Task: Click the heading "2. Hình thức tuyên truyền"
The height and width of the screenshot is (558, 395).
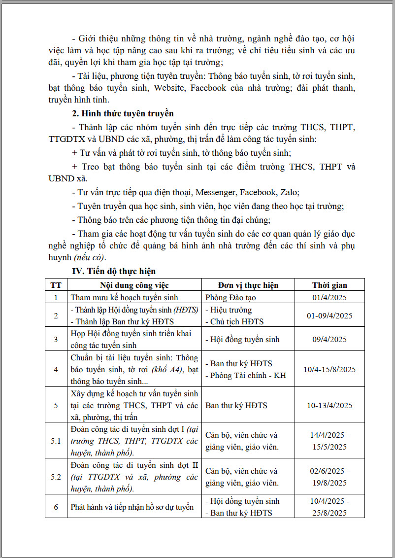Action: tap(123, 114)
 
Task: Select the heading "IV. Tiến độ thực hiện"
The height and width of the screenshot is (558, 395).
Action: tap(114, 271)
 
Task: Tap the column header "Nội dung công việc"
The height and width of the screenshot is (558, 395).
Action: tap(134, 285)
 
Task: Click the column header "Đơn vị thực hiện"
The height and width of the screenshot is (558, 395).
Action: tap(248, 285)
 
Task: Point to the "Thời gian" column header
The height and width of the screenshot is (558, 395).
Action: tap(329, 285)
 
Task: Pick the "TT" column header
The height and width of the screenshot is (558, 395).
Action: tap(56, 285)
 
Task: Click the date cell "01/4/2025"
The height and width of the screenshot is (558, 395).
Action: tap(329, 297)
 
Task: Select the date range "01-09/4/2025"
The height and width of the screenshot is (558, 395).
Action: tap(329, 315)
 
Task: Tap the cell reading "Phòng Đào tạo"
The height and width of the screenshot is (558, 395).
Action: tap(230, 297)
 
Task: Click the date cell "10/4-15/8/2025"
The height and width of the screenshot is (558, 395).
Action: tap(329, 369)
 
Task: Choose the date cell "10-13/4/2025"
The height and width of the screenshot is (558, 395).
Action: tap(329, 405)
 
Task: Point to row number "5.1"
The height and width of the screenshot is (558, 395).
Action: tap(56, 441)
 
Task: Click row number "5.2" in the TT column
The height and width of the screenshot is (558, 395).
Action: tap(56, 477)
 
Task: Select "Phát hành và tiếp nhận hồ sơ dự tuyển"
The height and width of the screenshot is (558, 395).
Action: tap(132, 507)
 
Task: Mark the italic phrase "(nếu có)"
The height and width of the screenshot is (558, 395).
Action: tap(89, 258)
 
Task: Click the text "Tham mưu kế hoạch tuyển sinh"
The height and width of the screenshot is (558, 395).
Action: tap(124, 297)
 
